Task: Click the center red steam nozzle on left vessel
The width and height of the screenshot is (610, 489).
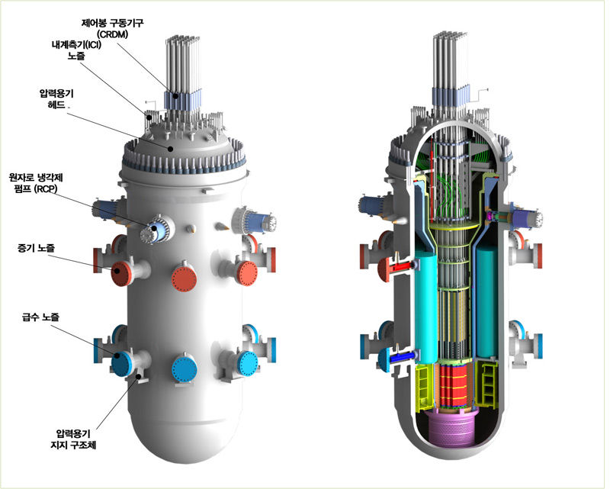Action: (x=185, y=277)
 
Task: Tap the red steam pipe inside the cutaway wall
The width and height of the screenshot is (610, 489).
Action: (x=401, y=266)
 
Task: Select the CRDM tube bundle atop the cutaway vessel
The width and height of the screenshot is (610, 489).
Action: (x=448, y=65)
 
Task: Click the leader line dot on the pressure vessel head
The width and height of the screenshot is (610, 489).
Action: (x=170, y=149)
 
